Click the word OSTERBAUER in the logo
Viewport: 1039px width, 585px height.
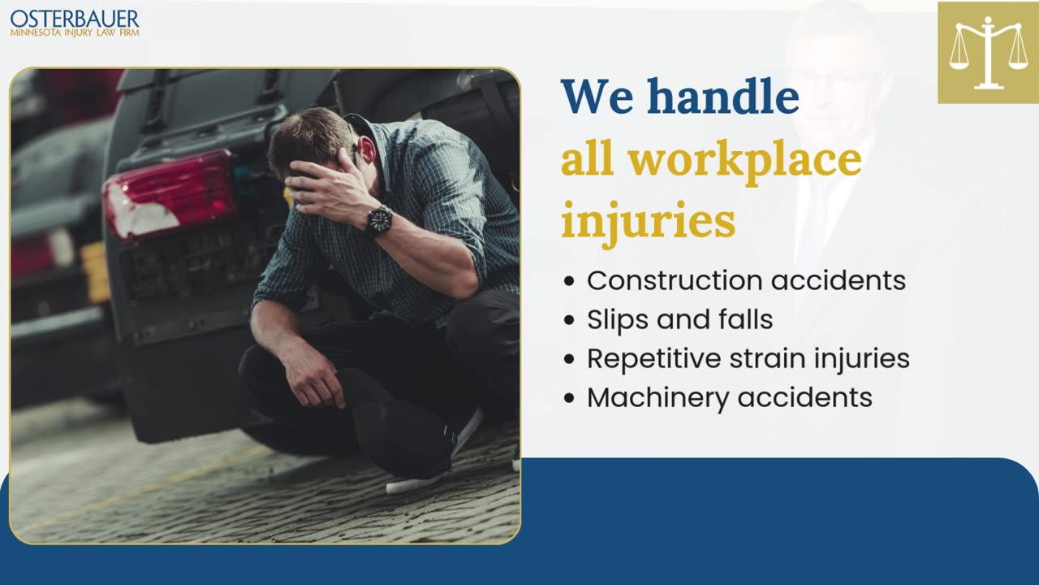click(x=75, y=19)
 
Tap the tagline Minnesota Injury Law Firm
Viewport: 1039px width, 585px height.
click(x=75, y=33)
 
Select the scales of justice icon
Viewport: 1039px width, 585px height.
click(x=989, y=53)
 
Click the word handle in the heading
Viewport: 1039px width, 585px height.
click(x=723, y=96)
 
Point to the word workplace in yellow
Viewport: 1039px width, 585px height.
click(x=745, y=161)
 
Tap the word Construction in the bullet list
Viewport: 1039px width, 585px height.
click(x=675, y=280)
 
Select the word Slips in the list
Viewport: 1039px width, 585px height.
click(x=618, y=320)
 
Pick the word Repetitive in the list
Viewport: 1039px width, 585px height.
click(x=654, y=359)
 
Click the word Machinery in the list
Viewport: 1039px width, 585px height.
click(x=657, y=398)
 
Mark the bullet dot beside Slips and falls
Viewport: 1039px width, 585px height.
click(x=569, y=320)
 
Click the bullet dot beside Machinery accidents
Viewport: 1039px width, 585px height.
click(x=569, y=398)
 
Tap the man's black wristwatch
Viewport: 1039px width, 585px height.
click(x=379, y=222)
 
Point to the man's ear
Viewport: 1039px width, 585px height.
click(x=366, y=151)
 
